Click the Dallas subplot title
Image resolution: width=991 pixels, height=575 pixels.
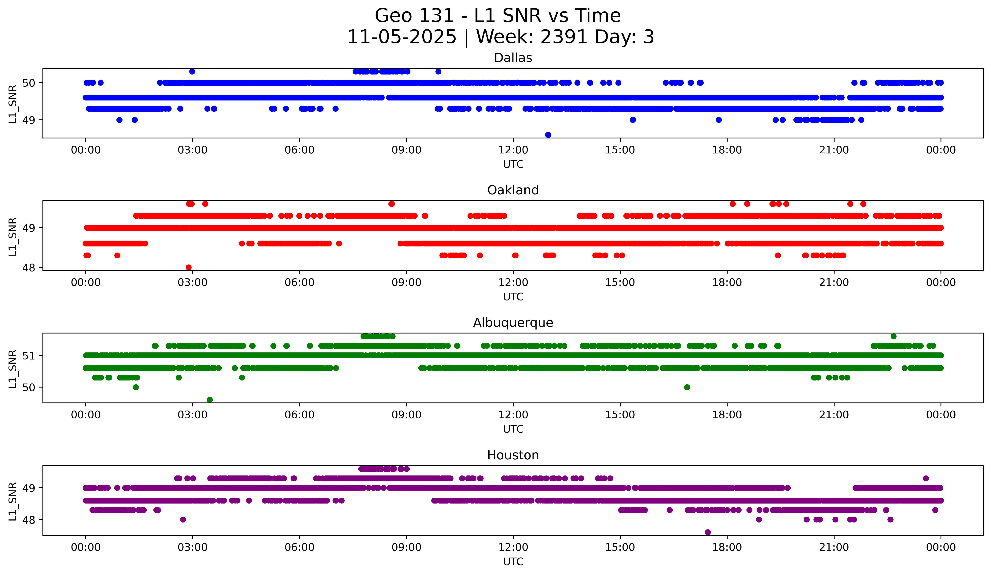pos(513,58)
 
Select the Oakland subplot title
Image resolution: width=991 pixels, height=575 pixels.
pos(513,190)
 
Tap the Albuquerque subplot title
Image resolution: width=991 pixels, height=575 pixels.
pos(513,323)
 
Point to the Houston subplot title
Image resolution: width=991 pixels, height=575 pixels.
pos(513,455)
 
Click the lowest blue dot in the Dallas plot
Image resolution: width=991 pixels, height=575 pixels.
pos(548,135)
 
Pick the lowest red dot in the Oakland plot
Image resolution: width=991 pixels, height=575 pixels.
pos(189,267)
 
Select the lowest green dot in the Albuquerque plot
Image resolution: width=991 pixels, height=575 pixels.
pos(210,400)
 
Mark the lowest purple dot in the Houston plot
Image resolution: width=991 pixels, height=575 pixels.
pos(708,532)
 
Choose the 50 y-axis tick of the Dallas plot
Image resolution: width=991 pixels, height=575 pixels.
pos(29,83)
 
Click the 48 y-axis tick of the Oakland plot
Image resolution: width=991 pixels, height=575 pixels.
pos(29,268)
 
